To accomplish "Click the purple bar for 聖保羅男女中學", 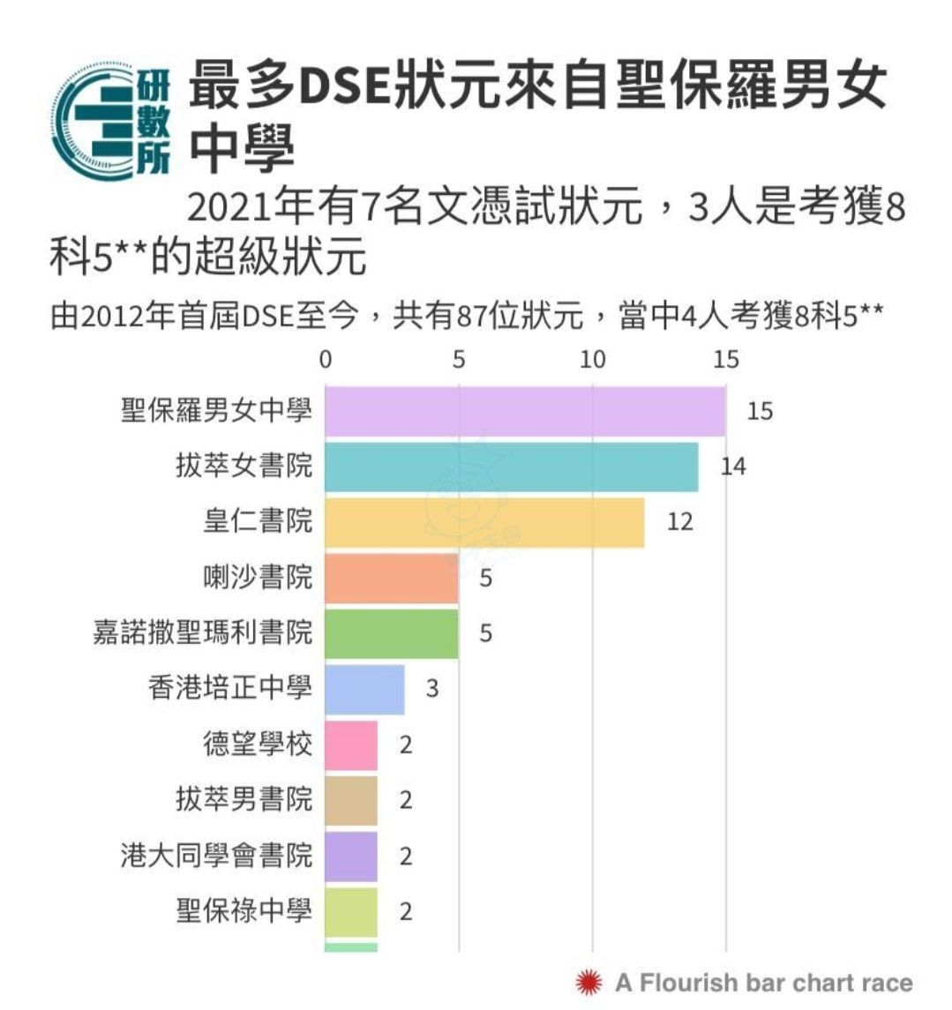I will pos(525,411).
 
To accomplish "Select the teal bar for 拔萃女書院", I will pos(512,467).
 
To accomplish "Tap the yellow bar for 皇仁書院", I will pos(484,522).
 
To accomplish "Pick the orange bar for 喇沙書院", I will pos(392,578).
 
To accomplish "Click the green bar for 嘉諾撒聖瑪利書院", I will pos(392,633).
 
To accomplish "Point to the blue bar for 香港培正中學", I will pos(364,689).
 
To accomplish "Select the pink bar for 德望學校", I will pos(351,744).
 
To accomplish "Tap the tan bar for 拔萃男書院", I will pos(351,800).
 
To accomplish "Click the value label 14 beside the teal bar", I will pos(733,466).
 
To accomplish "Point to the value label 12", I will pos(679,521).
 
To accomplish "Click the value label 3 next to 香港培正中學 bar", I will pos(431,688).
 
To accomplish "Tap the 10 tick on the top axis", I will pos(593,359).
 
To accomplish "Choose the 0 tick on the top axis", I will pos(326,359).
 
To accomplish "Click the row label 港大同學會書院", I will pos(216,855).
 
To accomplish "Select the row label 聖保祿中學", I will pos(244,910).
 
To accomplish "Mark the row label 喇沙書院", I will pos(258,577).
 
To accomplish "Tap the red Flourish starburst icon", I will pos(588,981).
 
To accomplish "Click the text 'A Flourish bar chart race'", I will pos(764,982).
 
